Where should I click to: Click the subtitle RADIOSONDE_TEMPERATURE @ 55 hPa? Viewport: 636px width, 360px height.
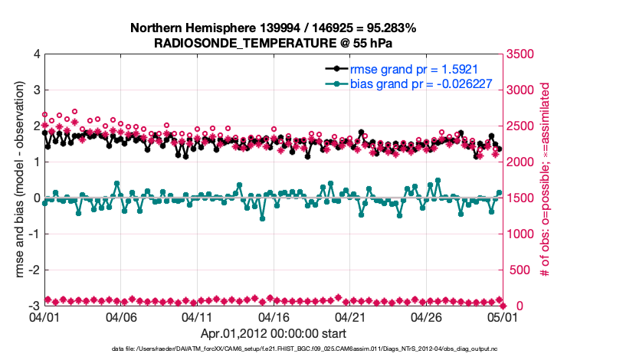pos(273,43)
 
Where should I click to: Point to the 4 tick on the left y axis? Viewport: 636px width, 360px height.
pos(36,54)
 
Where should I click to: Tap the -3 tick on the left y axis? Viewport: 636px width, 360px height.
pos(34,306)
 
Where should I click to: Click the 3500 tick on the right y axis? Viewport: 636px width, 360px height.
pos(521,54)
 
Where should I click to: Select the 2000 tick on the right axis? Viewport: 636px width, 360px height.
pos(521,162)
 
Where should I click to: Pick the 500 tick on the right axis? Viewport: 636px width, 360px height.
pos(518,270)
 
